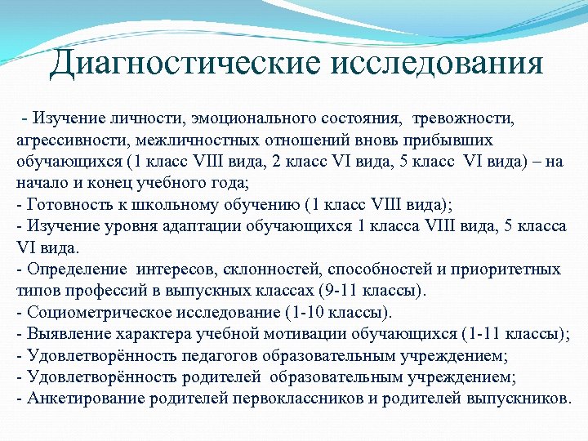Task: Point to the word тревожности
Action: click(466, 121)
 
